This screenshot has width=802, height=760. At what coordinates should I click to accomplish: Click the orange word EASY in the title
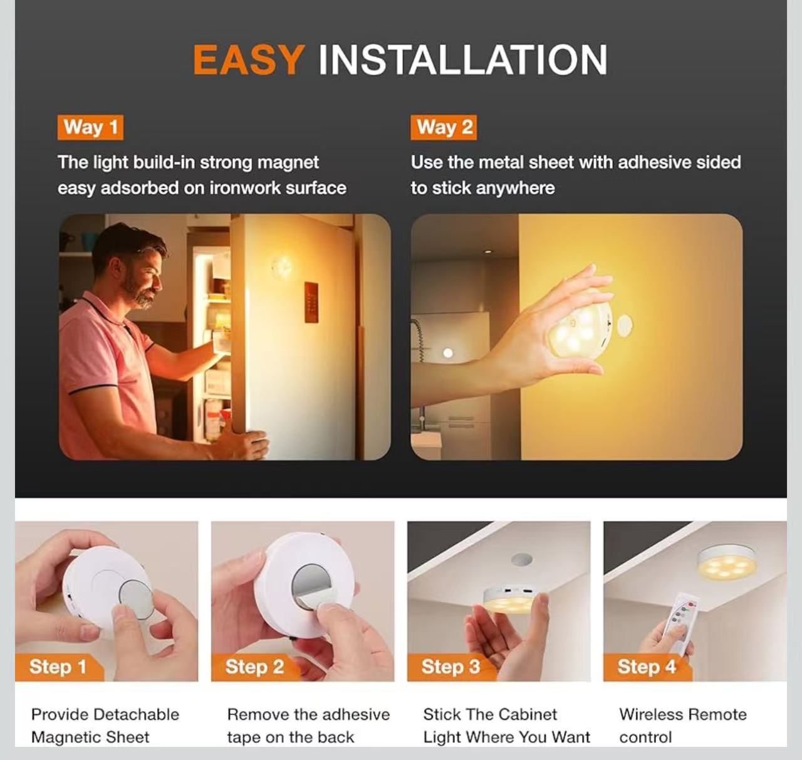249,60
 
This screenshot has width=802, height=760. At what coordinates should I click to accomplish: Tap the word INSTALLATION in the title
462,60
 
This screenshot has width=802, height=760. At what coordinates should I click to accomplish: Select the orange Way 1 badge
90,127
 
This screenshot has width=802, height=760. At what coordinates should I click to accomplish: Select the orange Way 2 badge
444,127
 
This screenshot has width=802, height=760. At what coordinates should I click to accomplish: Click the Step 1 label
58,667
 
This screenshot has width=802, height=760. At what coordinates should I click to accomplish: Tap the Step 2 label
254,667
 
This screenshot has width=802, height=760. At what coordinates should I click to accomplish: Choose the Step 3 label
450,667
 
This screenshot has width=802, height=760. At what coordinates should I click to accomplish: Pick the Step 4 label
647,667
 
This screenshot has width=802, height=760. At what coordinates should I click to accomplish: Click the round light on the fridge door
282,268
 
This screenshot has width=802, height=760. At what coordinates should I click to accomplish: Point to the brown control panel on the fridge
311,302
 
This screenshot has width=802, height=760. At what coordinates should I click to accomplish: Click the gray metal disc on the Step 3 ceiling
522,559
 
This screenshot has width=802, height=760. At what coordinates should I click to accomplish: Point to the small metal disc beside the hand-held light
625,325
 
